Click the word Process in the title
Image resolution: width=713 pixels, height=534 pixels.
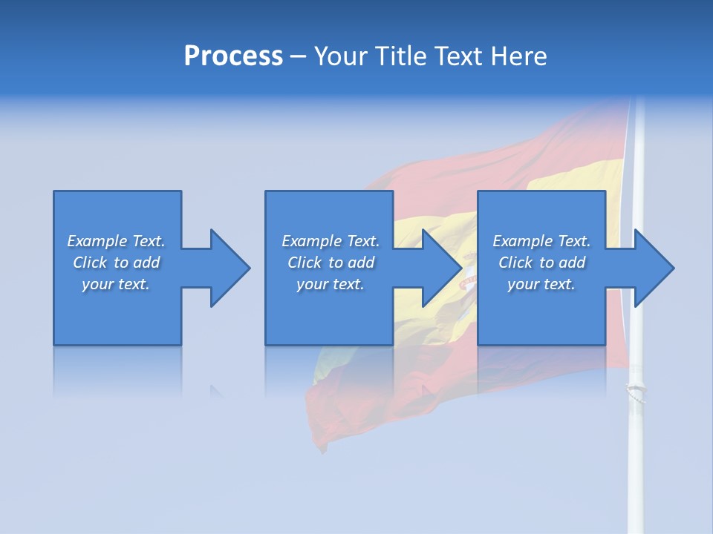(233, 56)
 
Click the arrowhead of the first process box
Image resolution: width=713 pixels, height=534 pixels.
(229, 268)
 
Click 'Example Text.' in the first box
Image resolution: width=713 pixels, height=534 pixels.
(116, 241)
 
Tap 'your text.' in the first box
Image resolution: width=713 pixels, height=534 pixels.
(116, 284)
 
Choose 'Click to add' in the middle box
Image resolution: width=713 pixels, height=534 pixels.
(331, 263)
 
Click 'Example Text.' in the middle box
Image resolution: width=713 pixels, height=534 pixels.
(331, 241)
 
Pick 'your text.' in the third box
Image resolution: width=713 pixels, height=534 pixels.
(541, 284)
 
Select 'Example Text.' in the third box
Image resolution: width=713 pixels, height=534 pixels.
(541, 241)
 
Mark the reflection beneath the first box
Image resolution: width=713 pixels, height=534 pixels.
(117, 371)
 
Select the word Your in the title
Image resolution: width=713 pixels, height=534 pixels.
(342, 56)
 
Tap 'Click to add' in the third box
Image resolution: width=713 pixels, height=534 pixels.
(541, 263)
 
